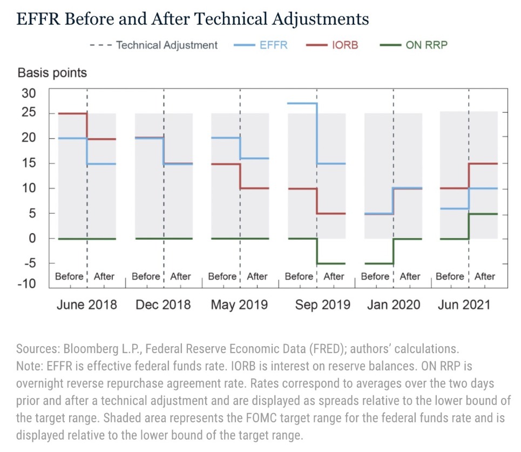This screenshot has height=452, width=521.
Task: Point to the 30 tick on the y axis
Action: (x=29, y=93)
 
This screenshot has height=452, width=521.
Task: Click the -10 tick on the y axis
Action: (x=26, y=284)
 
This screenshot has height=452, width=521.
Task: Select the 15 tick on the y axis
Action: (x=29, y=163)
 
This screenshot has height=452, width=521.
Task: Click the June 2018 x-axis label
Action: (x=86, y=305)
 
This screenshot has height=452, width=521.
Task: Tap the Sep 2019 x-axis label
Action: (x=322, y=305)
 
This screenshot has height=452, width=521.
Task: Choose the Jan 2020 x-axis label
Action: (x=393, y=305)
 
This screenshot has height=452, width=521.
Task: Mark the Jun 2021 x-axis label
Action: (x=463, y=305)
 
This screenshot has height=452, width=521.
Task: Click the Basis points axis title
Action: (x=52, y=73)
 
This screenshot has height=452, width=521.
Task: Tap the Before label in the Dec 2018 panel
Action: (x=146, y=276)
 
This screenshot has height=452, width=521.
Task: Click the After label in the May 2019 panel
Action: (x=257, y=276)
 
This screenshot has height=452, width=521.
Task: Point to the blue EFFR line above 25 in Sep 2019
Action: (x=302, y=103)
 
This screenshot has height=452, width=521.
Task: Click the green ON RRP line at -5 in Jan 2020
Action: (x=379, y=264)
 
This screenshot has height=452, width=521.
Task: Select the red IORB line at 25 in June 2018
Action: (x=72, y=113)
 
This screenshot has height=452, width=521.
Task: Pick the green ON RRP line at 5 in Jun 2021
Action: (x=483, y=214)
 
